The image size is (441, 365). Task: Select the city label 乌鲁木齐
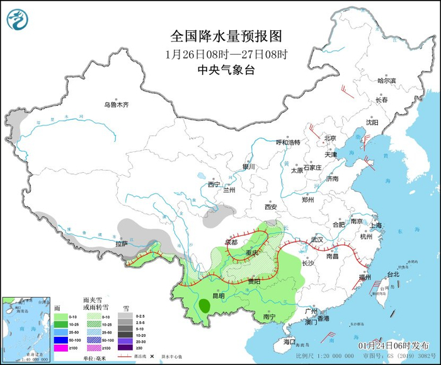[x=116, y=105]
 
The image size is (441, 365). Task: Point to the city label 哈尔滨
[x=386, y=81]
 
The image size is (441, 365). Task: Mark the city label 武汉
[x=316, y=240]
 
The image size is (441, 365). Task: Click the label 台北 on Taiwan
[x=392, y=274]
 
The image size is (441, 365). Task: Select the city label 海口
[x=289, y=341]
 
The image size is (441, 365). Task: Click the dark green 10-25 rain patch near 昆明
[x=205, y=306]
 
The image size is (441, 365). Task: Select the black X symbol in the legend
[x=152, y=357]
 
